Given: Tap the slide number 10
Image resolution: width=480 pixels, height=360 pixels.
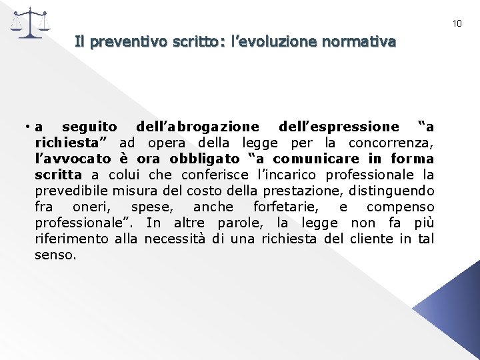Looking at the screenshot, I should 457,23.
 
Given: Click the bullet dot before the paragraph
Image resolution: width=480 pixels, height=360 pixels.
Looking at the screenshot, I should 23,127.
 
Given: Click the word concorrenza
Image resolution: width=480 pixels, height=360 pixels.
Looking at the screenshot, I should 397,143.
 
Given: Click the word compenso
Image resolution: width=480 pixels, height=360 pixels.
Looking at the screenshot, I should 401,207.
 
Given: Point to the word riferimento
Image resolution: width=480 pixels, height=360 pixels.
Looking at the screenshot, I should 73,239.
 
